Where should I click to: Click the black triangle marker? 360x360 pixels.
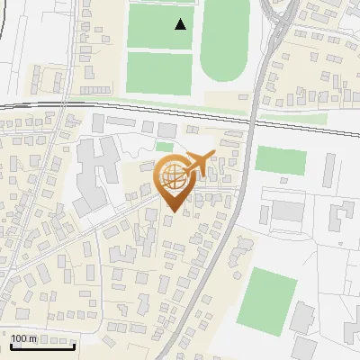click(181, 24)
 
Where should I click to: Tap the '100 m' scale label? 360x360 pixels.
click(23, 338)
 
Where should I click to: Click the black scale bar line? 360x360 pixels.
click(41, 346)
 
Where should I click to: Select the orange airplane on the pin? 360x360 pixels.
click(200, 161)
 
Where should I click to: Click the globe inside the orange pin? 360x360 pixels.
click(172, 177)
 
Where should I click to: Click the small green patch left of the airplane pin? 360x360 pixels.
click(165, 147)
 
